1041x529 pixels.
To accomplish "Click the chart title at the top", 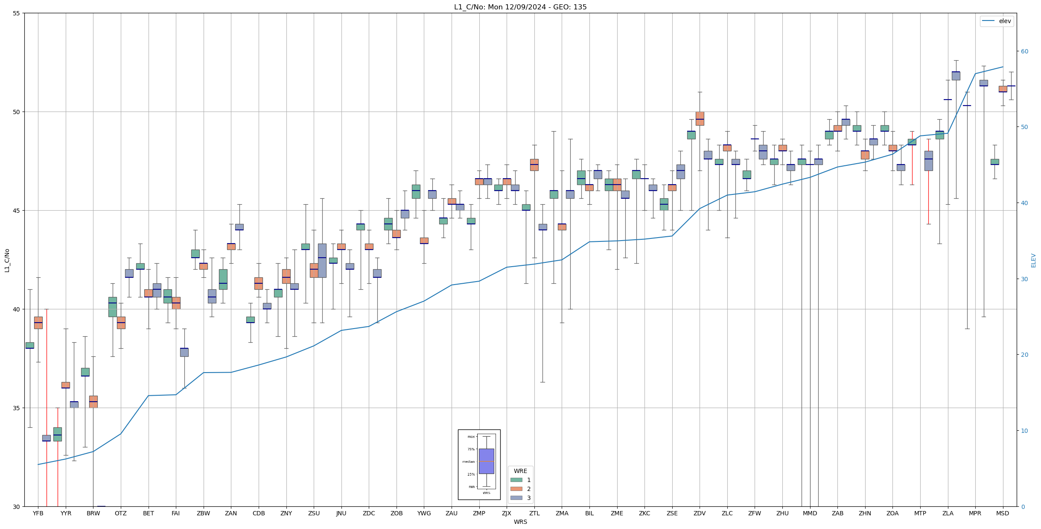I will pyautogui.click(x=520, y=7).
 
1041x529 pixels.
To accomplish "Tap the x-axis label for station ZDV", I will pyautogui.click(x=700, y=513).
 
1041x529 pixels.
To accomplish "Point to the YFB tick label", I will pyautogui.click(x=38, y=513).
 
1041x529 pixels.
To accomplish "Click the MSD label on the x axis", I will pyautogui.click(x=1003, y=513).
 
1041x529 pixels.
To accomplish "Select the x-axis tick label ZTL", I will pyautogui.click(x=534, y=513).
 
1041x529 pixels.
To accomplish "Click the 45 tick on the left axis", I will pyautogui.click(x=17, y=211).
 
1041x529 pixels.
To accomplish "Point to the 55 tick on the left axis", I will pyautogui.click(x=17, y=13).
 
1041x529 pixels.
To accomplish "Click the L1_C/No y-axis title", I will pyautogui.click(x=7, y=260).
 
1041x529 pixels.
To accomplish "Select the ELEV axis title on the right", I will pyautogui.click(x=1033, y=260).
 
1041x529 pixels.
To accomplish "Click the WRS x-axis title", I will pyautogui.click(x=520, y=522).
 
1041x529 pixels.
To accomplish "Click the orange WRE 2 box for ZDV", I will pyautogui.click(x=700, y=118).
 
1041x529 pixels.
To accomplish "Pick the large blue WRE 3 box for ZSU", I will pyautogui.click(x=322, y=261).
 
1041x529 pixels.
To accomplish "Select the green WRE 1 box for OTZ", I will pyautogui.click(x=113, y=307).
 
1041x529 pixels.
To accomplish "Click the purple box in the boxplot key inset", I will pyautogui.click(x=486, y=461).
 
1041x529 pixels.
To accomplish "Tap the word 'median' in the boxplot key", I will pyautogui.click(x=468, y=461).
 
